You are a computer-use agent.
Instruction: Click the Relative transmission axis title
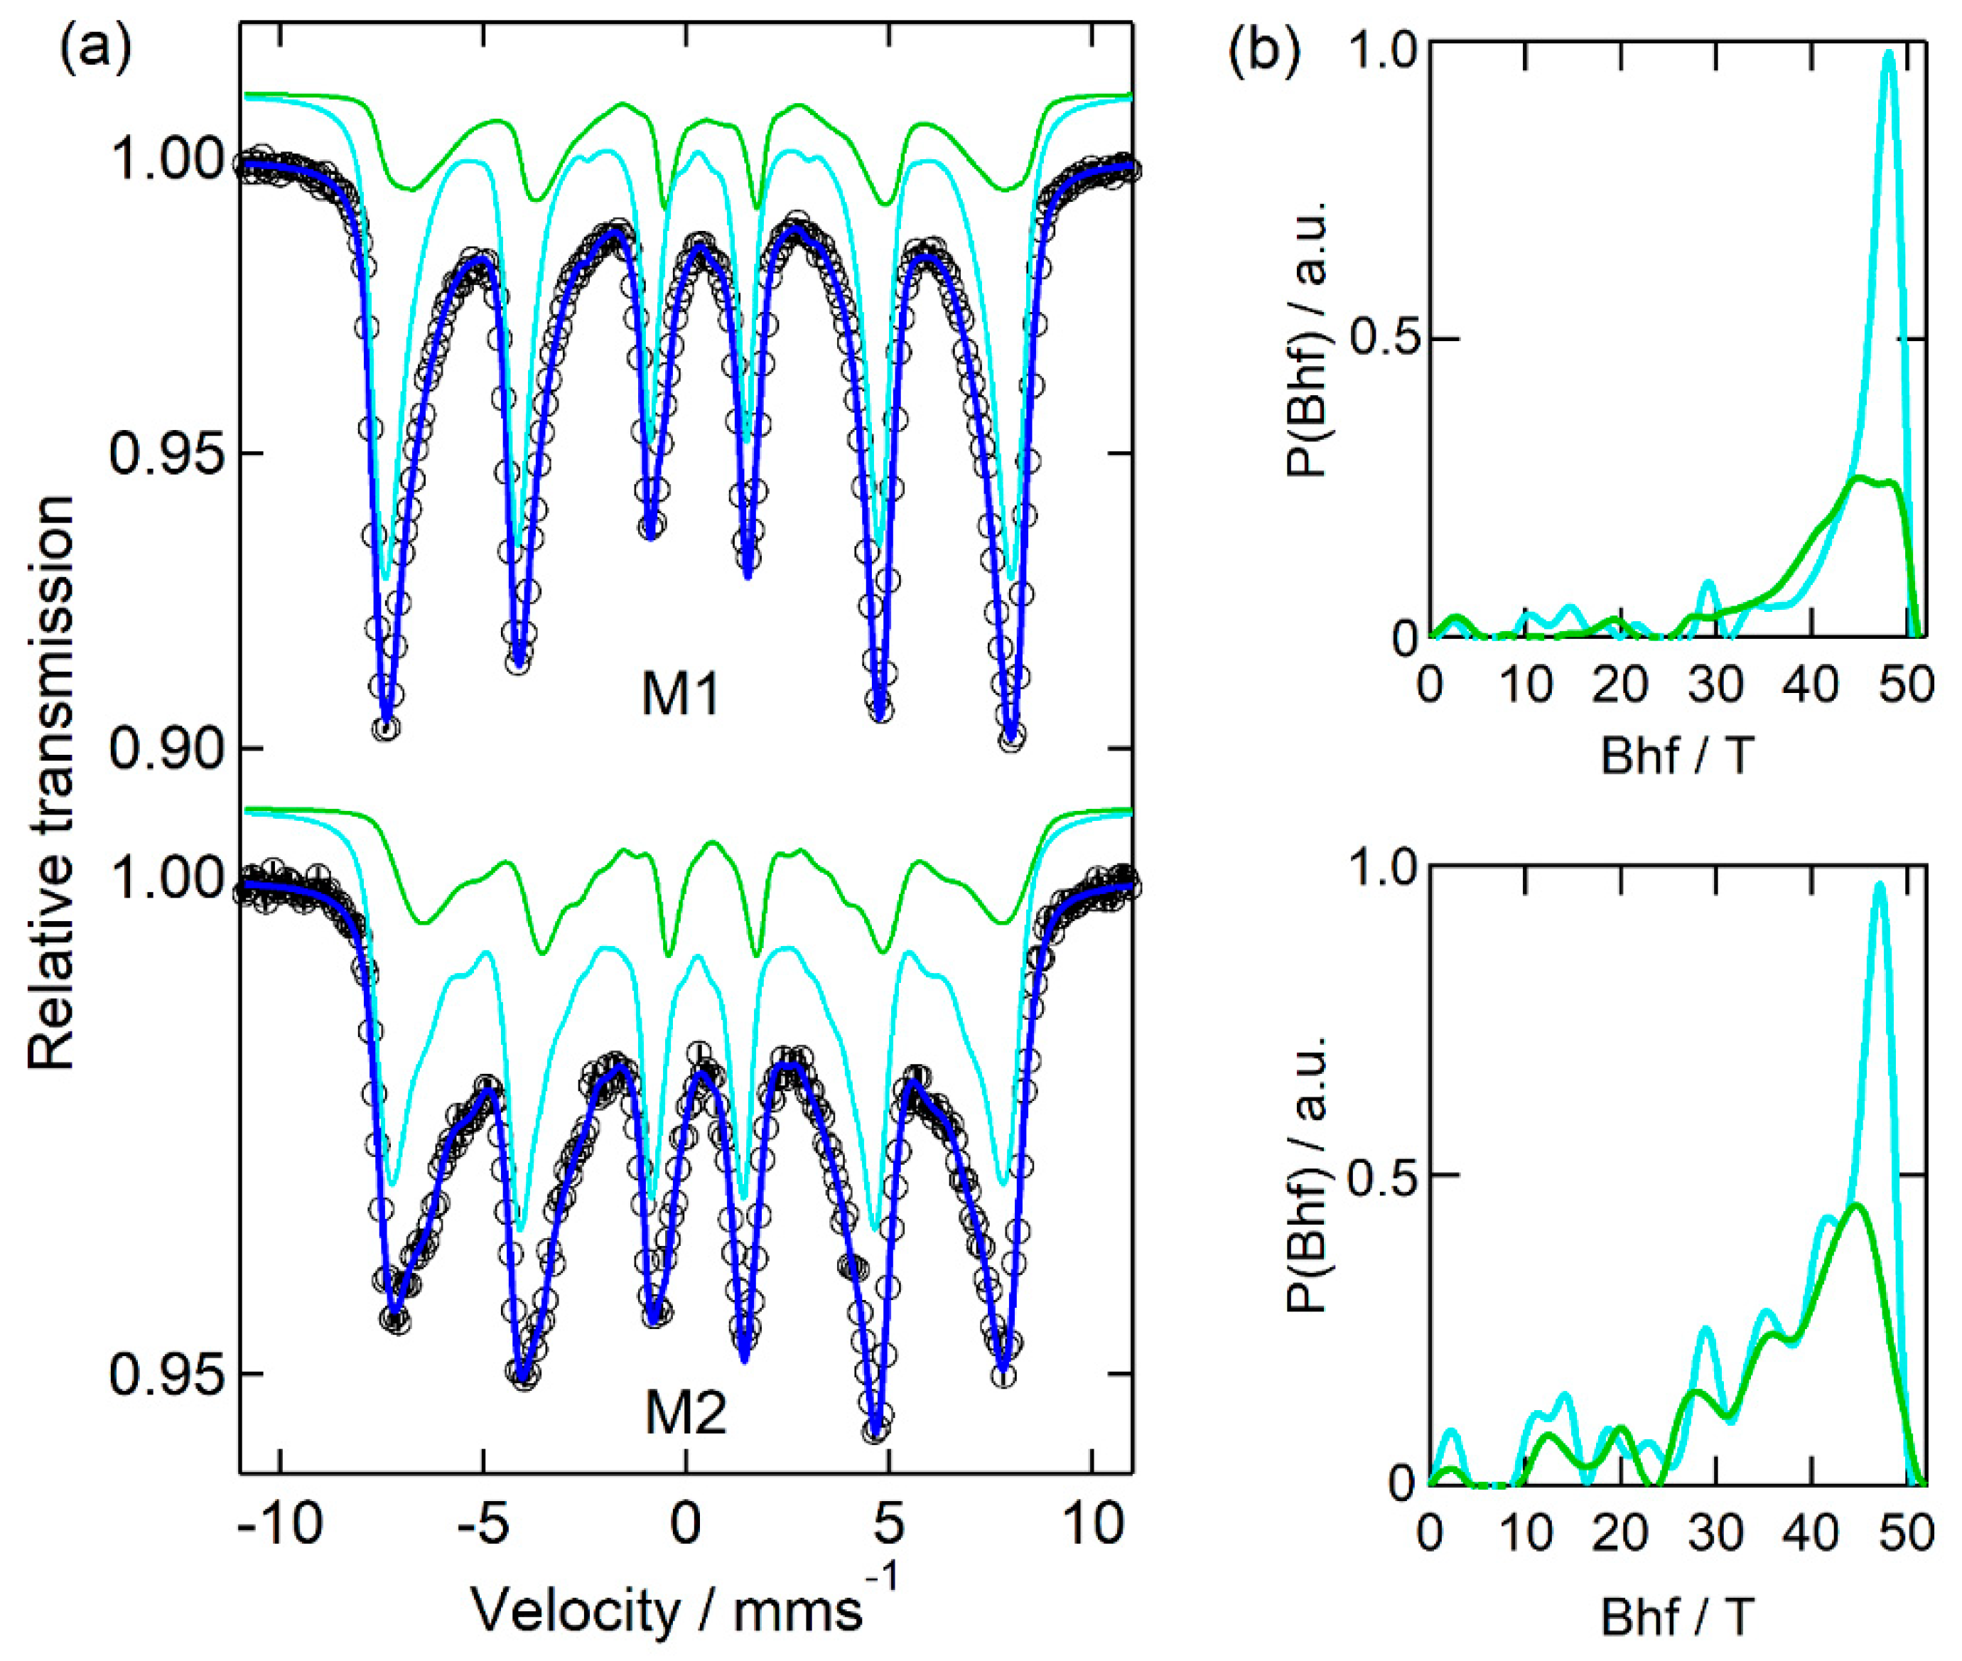(x=52, y=782)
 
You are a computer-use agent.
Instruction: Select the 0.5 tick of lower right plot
(x=1384, y=1174)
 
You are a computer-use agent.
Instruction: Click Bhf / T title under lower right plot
(x=1677, y=1617)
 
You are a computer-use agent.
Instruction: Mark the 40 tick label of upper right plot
(x=1811, y=684)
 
